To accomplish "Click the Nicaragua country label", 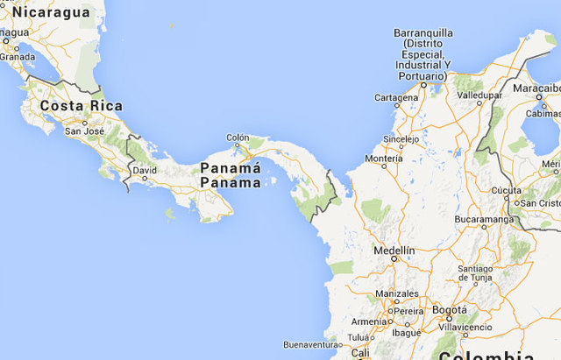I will pos(51,11).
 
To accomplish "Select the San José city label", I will pos(84,131).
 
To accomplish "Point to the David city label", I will pos(145,169).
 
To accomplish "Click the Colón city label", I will pos(238,138).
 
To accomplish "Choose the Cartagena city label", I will pos(396,97).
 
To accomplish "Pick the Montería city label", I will pos(383,159).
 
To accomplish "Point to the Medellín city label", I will pos(394,250).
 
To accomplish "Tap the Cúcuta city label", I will pos(506,190).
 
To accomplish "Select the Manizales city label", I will pos(396,293).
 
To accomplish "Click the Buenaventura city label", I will pos(310,344).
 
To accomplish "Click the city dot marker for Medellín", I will pos(394,259).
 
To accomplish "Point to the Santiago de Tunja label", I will pos(481,273).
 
